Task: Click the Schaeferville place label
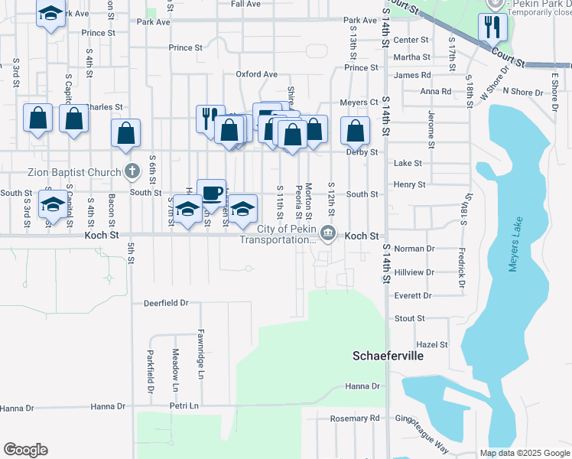pos(388,356)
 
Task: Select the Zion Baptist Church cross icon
pos(132,171)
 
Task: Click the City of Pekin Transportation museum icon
pos(328,233)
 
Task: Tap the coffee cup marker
pos(211,193)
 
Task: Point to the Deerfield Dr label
pos(166,303)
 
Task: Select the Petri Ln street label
pos(184,405)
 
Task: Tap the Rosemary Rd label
pos(354,418)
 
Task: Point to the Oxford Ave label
pos(256,74)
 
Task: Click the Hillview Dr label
pos(414,272)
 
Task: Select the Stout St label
pos(410,318)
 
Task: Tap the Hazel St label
pos(431,346)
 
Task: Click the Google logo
pos(25,450)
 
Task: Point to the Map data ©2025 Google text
pos(525,453)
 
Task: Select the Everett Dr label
pos(413,295)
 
